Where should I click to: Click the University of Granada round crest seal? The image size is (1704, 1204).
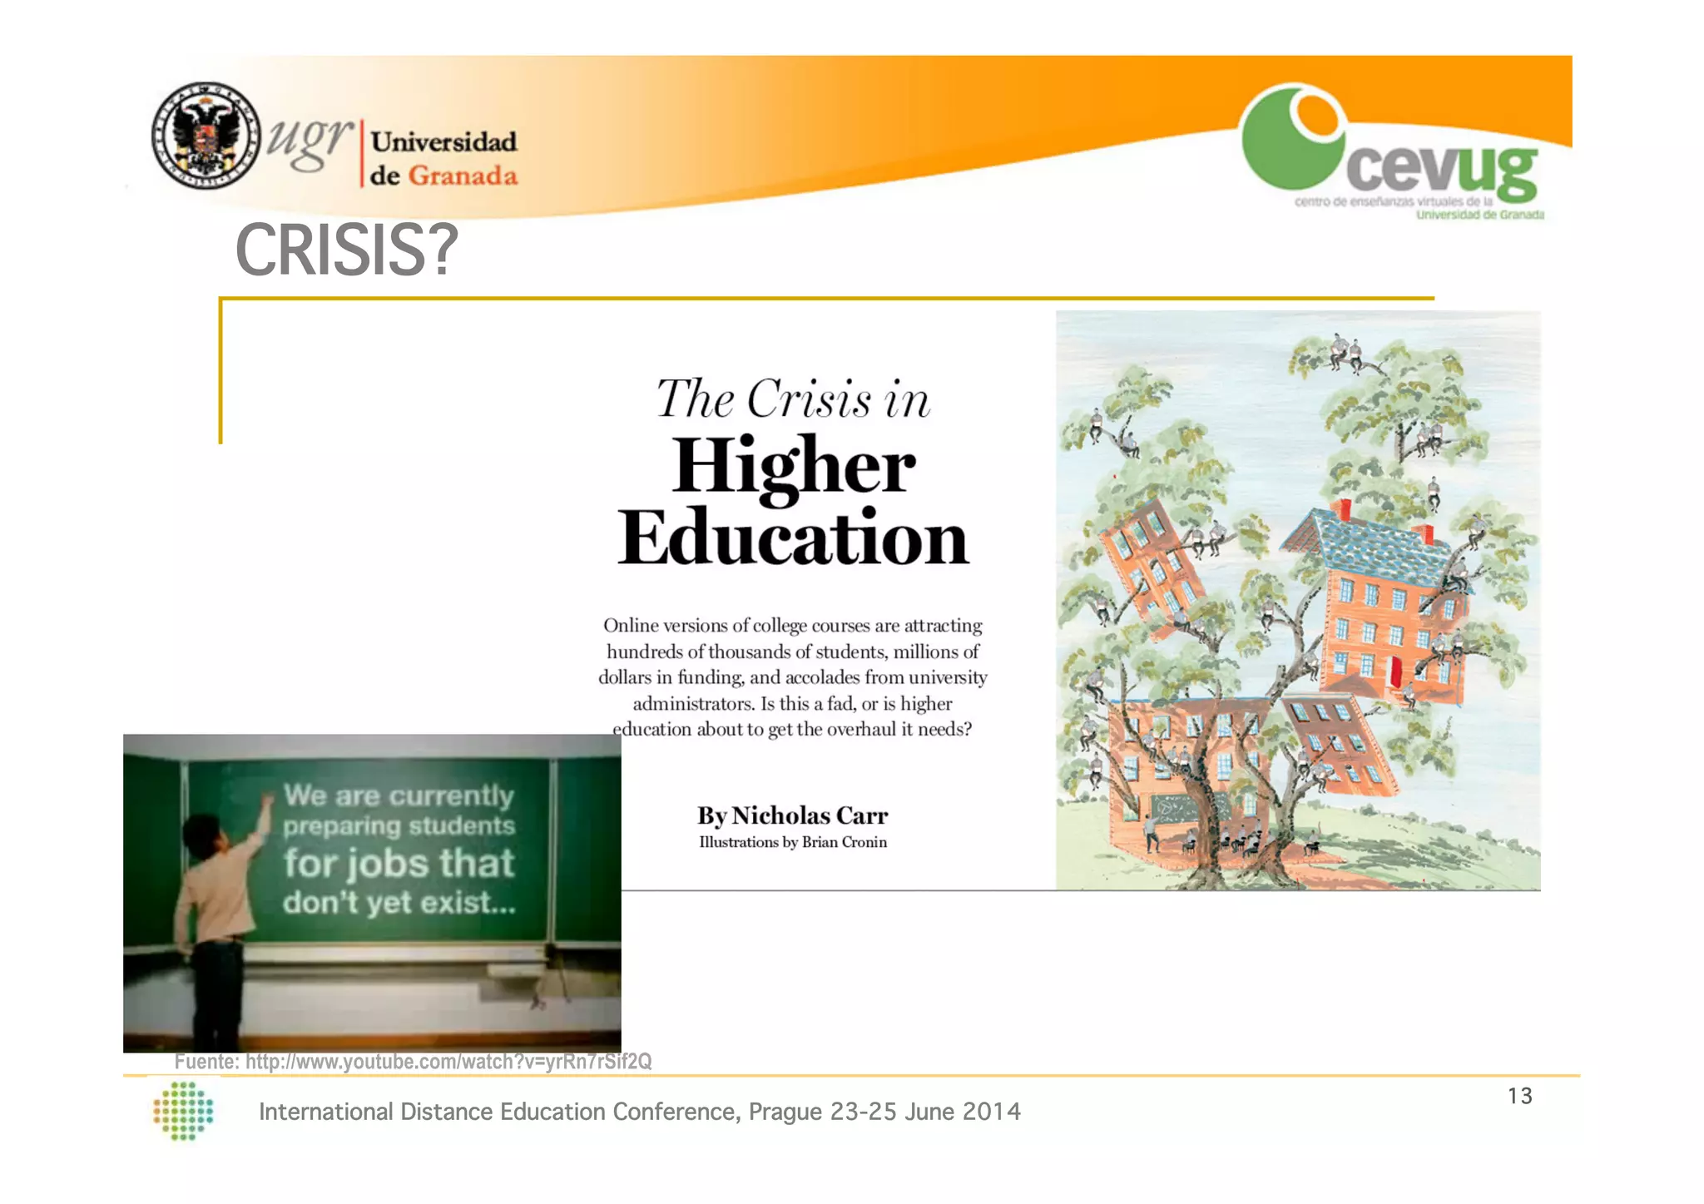(x=205, y=136)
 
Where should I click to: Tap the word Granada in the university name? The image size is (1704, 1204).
(x=463, y=176)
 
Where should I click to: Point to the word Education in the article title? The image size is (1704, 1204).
(x=794, y=538)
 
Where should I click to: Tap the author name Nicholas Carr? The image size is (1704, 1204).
(x=810, y=815)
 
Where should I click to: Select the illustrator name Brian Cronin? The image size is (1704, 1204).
(x=844, y=842)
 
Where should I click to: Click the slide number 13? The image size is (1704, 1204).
(x=1519, y=1096)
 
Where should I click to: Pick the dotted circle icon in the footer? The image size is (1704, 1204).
(x=184, y=1110)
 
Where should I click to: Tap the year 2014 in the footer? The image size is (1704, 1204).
(x=991, y=1112)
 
